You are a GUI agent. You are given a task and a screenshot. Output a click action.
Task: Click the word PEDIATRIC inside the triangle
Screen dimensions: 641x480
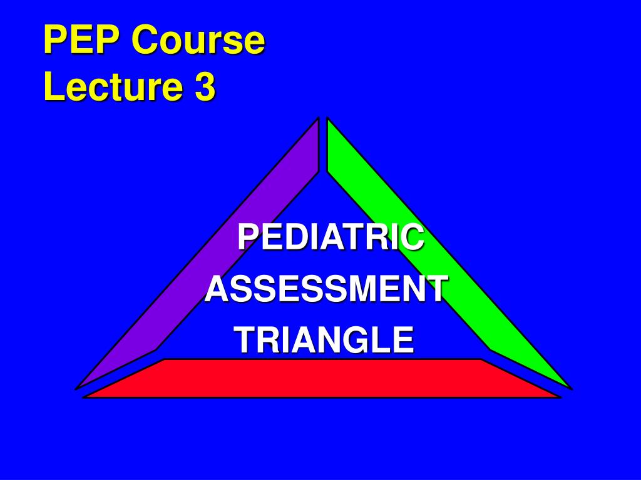[x=331, y=237]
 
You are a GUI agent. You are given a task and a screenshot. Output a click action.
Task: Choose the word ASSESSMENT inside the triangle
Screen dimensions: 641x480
[x=326, y=289]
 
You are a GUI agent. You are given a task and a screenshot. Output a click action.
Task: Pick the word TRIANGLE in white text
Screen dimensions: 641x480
[x=326, y=339]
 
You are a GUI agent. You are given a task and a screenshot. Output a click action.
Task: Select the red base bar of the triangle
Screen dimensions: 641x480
[x=322, y=378]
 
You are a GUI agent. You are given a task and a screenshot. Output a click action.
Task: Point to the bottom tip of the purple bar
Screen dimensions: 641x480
[x=76, y=389]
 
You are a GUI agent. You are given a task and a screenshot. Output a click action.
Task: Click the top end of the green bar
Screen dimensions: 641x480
[x=327, y=118]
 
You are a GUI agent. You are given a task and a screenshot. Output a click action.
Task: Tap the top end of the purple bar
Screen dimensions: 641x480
[x=319, y=118]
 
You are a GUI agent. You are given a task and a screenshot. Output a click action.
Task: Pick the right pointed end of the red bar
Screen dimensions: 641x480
[x=560, y=397]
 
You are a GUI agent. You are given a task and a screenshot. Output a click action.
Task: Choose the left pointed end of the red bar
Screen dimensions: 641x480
[x=85, y=397]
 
